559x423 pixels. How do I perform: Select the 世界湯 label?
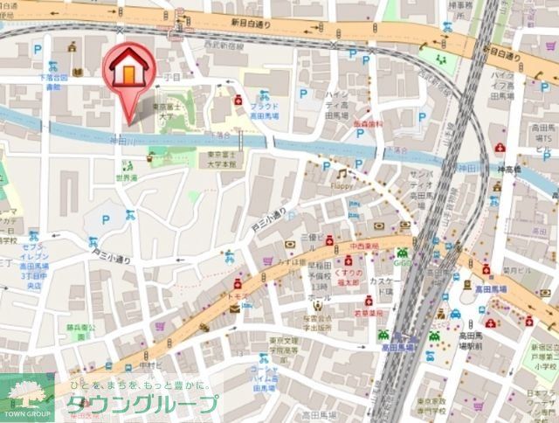128,177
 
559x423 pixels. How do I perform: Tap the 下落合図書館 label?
52,82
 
